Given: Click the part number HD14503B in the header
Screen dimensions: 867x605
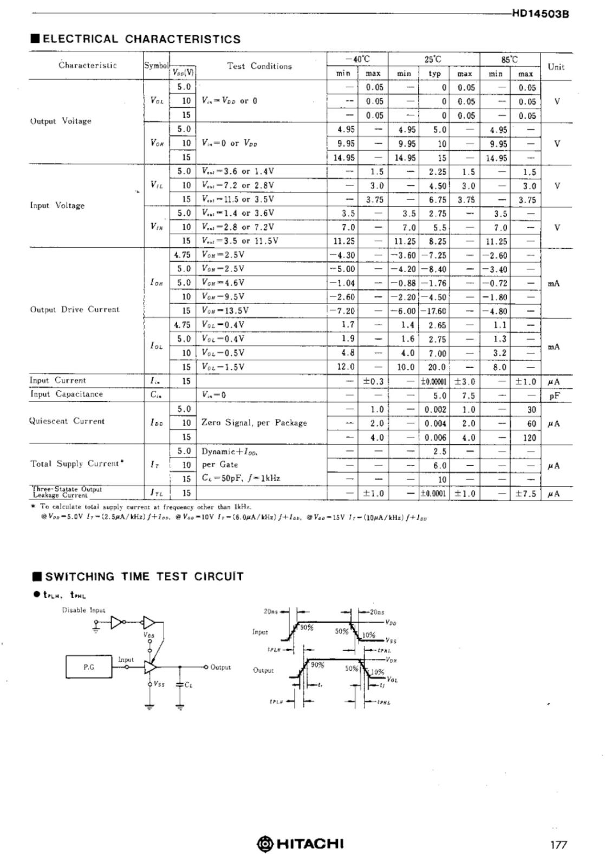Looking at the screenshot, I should [x=540, y=15].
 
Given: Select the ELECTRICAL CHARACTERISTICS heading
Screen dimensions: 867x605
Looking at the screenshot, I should [x=136, y=39].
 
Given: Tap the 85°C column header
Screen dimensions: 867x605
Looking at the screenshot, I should [x=509, y=59].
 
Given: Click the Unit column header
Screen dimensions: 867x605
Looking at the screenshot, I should [x=556, y=67].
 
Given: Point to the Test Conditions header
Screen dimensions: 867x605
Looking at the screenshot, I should [x=259, y=66].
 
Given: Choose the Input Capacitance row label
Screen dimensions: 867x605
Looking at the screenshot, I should [x=66, y=394].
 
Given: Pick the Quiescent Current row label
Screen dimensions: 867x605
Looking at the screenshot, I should [x=67, y=421].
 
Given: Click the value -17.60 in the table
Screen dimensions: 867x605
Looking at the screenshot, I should [x=433, y=311].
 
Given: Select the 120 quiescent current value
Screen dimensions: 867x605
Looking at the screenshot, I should [x=529, y=438].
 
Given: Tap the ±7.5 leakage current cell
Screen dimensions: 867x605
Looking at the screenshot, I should [x=525, y=493].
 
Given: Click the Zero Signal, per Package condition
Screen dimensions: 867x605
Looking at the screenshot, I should [x=254, y=423].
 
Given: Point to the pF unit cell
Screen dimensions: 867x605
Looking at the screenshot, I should [x=554, y=396].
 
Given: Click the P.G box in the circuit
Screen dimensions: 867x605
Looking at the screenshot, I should [x=89, y=667].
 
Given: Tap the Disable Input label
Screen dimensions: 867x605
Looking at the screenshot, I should [x=83, y=610].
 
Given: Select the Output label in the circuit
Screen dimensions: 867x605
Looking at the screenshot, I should [x=220, y=667].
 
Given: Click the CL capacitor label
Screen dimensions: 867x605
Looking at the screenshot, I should [x=188, y=685].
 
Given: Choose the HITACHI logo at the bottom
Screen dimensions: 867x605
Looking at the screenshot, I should [x=300, y=844].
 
